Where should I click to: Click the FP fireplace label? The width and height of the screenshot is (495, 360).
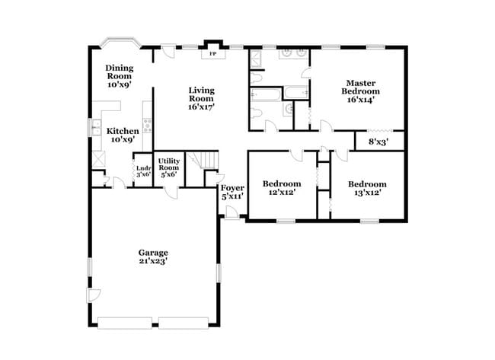pyautogui.click(x=212, y=55)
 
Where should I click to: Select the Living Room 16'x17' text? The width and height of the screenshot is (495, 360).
pyautogui.click(x=202, y=99)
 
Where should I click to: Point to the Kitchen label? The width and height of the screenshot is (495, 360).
pyautogui.click(x=122, y=135)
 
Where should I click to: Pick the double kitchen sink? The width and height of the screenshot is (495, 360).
pyautogui.click(x=97, y=127)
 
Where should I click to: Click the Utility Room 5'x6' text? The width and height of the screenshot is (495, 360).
pyautogui.click(x=168, y=167)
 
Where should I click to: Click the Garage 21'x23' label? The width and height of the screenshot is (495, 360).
pyautogui.click(x=152, y=257)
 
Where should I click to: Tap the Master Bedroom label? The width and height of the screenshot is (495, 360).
pyautogui.click(x=362, y=91)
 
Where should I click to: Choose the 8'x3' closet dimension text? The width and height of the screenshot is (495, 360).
pyautogui.click(x=378, y=142)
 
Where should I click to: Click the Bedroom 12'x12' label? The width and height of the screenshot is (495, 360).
pyautogui.click(x=282, y=188)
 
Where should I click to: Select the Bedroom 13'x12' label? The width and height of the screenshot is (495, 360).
pyautogui.click(x=367, y=188)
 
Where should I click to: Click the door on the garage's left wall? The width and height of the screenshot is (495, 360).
pyautogui.click(x=93, y=295)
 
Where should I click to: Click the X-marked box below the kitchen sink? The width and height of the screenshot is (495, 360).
pyautogui.click(x=97, y=160)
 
